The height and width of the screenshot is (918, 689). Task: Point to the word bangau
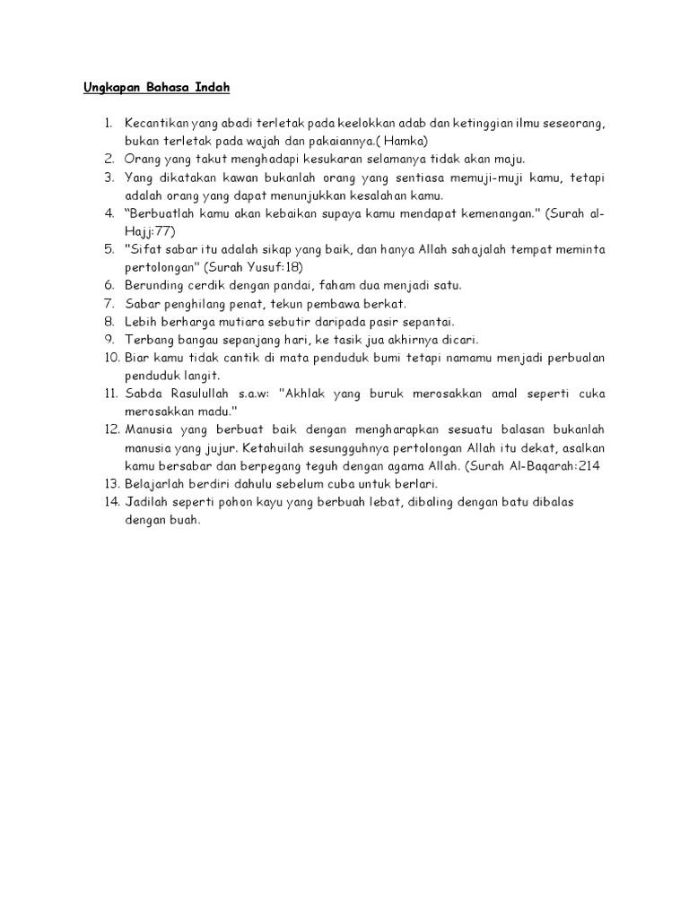coord(193,339)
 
